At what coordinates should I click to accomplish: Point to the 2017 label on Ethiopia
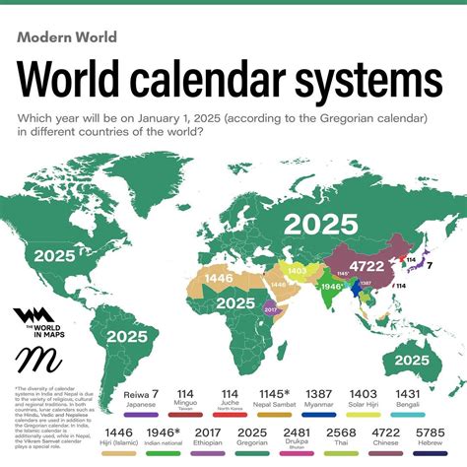(272, 309)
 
